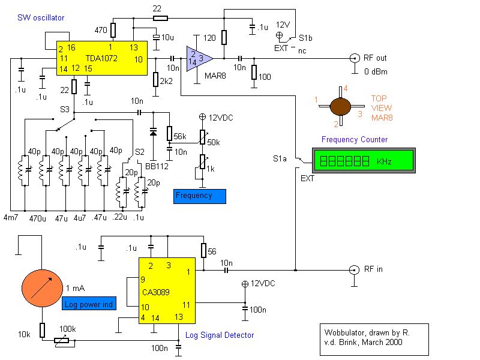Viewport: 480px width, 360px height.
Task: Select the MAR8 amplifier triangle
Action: pos(199,58)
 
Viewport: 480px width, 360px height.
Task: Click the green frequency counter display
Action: pos(364,161)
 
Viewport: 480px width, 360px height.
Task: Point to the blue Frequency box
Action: pos(200,196)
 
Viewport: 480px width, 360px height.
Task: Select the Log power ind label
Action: pos(89,304)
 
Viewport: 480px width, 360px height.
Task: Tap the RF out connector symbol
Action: pos(354,58)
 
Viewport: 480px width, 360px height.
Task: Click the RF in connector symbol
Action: pos(354,269)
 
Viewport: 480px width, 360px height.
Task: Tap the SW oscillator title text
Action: pos(41,17)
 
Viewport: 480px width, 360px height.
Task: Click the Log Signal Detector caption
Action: pos(220,335)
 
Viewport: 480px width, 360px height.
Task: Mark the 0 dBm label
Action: pos(375,73)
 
